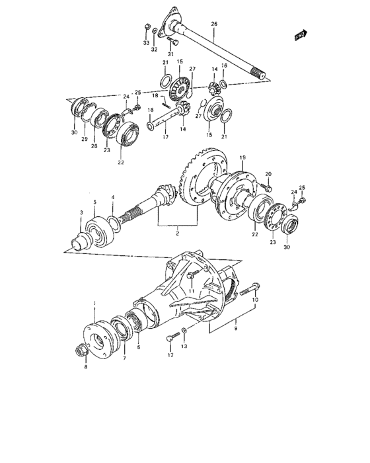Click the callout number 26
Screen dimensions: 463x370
[213, 24]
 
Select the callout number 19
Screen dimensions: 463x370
[242, 157]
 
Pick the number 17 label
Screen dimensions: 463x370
[165, 138]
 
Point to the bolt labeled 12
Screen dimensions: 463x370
[171, 339]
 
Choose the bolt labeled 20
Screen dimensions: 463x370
[270, 189]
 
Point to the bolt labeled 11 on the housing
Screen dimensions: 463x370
[190, 275]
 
